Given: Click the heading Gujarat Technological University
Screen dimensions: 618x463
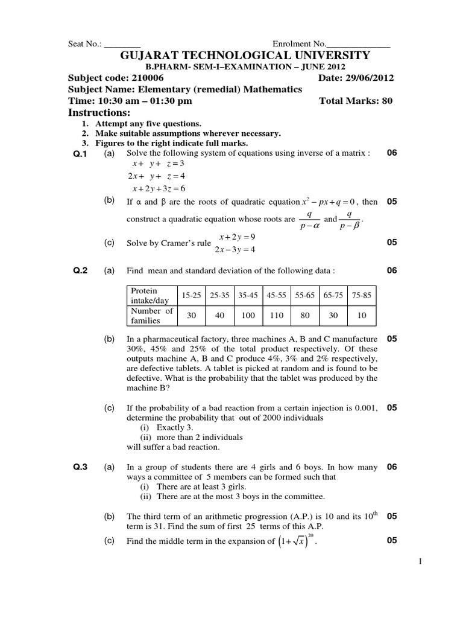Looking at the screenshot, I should pos(245,56).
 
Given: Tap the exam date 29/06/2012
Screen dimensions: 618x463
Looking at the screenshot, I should pos(368,78).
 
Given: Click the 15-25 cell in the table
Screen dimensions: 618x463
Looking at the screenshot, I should pos(191,296).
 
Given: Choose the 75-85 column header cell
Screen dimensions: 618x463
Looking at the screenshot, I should pos(361,296).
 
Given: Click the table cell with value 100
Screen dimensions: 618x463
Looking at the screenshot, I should pos(248,315).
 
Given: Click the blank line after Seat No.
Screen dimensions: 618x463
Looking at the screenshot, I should pos(123,45).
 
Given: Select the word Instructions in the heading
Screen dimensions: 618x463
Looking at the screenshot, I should pos(99,113).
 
